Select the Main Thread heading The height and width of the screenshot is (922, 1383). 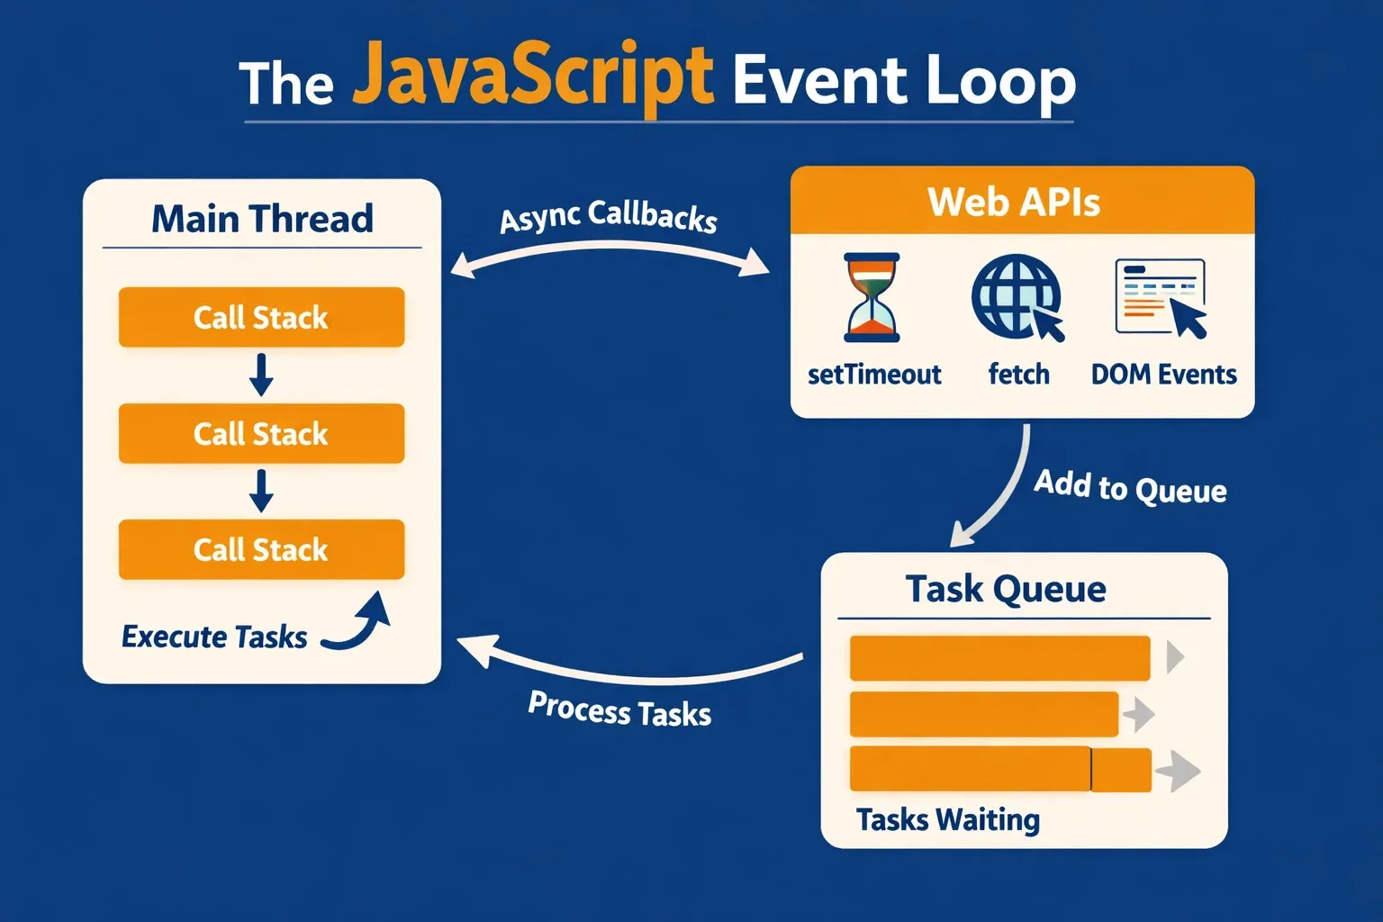(262, 219)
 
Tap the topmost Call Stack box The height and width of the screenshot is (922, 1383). (261, 317)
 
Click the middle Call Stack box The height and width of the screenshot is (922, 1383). (261, 433)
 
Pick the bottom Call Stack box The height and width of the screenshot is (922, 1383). (261, 549)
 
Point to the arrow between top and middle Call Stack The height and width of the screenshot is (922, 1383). (261, 375)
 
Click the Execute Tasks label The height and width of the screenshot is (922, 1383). (214, 637)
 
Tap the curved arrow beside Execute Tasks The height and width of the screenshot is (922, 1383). (360, 623)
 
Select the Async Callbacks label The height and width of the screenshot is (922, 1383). (609, 216)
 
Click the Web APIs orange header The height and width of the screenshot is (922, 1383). (1022, 201)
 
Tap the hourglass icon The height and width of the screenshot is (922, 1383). (872, 297)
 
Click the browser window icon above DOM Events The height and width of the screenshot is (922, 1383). (1161, 298)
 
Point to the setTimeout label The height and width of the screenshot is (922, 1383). (874, 374)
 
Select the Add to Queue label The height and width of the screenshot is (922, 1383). (1130, 487)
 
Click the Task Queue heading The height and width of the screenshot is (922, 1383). (1006, 589)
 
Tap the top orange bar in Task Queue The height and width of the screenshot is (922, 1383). (999, 658)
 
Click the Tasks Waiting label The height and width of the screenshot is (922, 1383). (948, 819)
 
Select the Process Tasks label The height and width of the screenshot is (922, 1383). (619, 710)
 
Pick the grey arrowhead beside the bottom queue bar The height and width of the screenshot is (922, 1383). (1179, 772)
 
